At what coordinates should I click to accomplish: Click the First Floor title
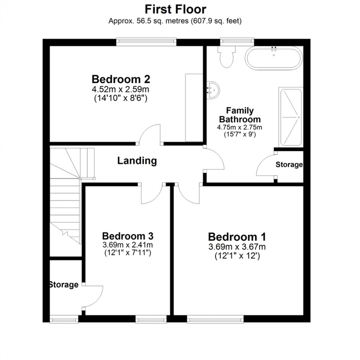pos(175,9)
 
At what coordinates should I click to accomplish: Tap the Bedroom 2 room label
pos(121,79)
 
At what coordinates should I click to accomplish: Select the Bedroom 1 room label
pos(237,237)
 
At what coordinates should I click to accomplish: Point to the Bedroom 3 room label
pos(127,235)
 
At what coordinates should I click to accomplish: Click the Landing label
pos(137,161)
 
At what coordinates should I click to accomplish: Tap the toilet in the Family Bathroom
pos(226,56)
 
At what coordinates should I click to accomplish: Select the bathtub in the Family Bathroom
pos(274,58)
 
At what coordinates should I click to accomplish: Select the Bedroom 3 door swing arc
pos(151,194)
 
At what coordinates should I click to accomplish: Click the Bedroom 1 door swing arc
pos(190,194)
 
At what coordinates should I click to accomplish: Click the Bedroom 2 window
pos(146,42)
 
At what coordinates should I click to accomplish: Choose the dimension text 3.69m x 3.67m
pos(237,247)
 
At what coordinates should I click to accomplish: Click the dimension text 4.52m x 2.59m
pos(121,89)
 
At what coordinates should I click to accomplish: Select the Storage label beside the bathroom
pos(289,165)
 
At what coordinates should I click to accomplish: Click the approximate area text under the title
pos(175,21)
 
